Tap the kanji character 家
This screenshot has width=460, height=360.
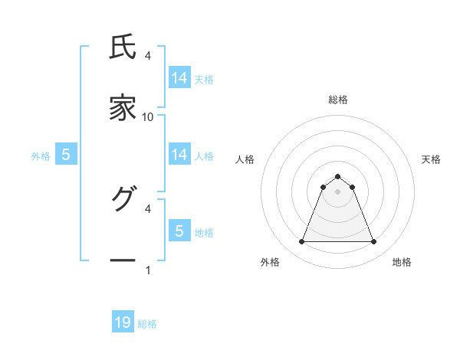click(123, 109)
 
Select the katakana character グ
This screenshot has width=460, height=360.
click(123, 198)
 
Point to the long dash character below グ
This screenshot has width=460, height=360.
click(123, 261)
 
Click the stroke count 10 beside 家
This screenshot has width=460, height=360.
click(148, 116)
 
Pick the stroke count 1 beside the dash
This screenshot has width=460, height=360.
click(148, 270)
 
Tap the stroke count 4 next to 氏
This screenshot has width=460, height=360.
click(148, 55)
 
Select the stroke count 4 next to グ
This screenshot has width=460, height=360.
click(148, 208)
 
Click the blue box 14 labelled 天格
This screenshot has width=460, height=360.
click(179, 78)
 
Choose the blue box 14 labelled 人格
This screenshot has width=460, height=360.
click(179, 155)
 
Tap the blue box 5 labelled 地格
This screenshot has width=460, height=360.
click(179, 231)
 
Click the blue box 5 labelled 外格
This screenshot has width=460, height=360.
click(66, 155)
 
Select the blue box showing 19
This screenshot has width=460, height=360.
click(123, 322)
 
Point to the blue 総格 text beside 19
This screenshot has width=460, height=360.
click(147, 324)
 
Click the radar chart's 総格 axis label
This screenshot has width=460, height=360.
click(337, 100)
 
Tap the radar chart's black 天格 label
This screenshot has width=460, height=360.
click(431, 159)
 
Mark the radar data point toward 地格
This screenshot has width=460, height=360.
click(373, 242)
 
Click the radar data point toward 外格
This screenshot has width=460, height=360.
click(301, 242)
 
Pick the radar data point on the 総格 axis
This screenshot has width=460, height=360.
click(337, 176)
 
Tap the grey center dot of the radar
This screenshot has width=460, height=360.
click(337, 191)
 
